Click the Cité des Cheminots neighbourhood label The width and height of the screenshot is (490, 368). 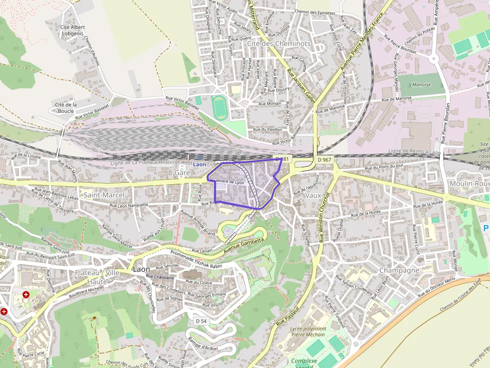[278, 43]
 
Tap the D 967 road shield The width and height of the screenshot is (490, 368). [324, 160]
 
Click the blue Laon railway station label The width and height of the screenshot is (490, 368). [199, 164]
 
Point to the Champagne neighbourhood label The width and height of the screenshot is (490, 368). [399, 270]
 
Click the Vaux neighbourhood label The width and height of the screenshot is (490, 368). [313, 195]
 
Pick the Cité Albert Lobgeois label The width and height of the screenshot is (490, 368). [72, 31]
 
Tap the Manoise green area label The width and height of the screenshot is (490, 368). [421, 85]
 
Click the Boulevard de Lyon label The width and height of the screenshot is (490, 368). [227, 181]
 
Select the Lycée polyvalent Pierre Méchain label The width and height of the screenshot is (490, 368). [308, 332]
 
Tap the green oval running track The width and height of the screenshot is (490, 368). [219, 107]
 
